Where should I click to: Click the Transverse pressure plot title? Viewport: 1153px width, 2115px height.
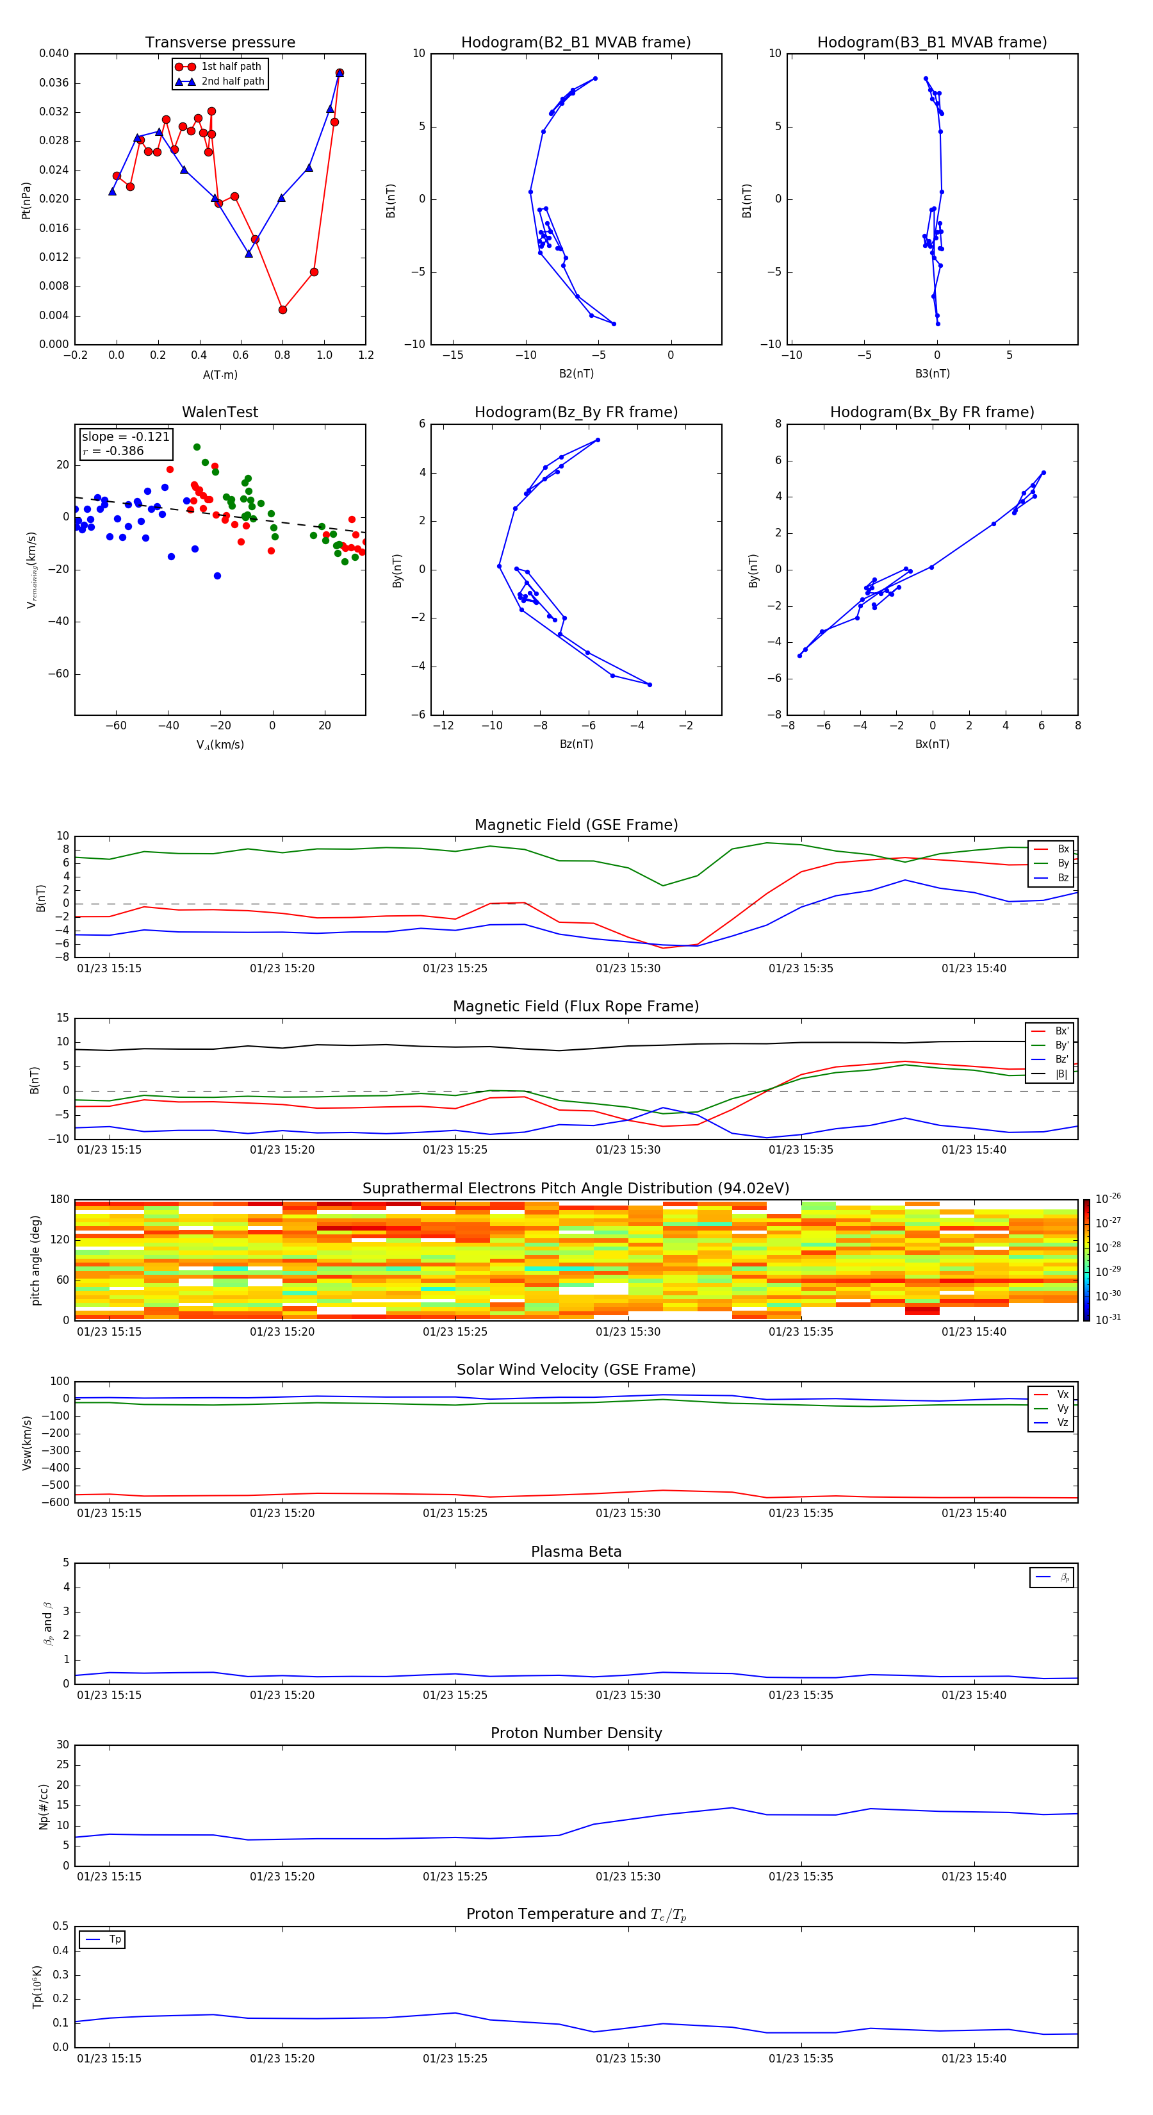[220, 43]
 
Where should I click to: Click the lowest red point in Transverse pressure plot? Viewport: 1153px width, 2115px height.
[282, 310]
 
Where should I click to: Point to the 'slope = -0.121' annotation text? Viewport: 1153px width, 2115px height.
[126, 437]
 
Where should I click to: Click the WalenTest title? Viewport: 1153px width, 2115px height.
[220, 412]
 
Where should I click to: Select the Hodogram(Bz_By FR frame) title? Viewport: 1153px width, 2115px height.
[576, 412]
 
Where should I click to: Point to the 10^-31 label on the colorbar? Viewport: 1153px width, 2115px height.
[1108, 1318]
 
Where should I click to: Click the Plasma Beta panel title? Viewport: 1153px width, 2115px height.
[576, 1552]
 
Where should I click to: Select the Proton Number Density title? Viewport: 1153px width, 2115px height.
[576, 1733]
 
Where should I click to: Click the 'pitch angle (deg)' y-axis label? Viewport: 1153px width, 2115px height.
[35, 1259]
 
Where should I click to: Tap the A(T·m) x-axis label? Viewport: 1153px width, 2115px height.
[220, 375]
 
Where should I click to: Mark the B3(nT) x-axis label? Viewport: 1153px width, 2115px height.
[932, 374]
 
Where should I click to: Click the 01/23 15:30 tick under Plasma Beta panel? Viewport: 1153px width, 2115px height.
[628, 1695]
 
